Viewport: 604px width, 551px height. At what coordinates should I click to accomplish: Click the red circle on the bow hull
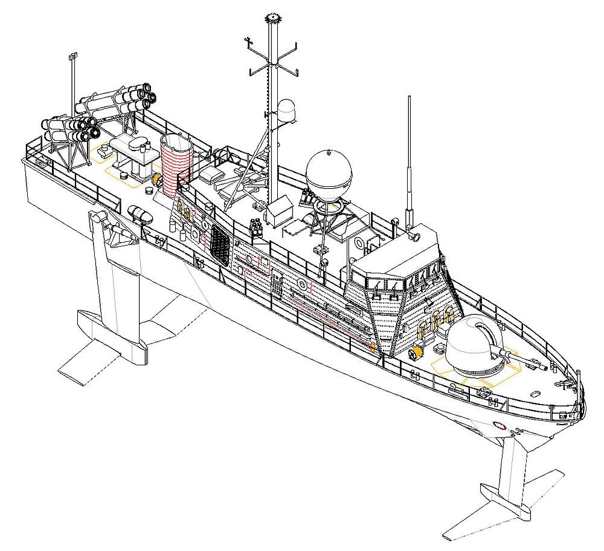pos(499,425)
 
